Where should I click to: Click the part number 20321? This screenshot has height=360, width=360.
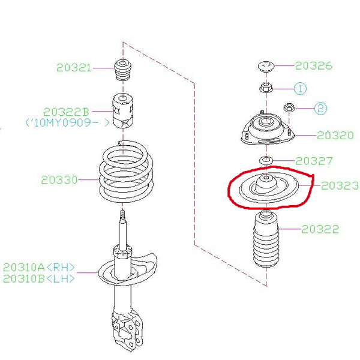(74, 68)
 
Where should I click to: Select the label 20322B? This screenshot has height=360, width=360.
(66, 112)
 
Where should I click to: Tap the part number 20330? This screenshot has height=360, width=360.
(59, 179)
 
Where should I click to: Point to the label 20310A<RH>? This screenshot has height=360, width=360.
(40, 267)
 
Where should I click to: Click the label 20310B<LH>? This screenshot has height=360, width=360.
(40, 279)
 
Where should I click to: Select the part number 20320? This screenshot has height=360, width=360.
(335, 136)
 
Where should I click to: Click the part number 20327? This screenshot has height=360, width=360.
(314, 161)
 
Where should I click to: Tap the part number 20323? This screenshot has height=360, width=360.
(340, 186)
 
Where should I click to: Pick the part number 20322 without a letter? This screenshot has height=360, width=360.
(320, 229)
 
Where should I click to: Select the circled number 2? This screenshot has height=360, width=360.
(320, 109)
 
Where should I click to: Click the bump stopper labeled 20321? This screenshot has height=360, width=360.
(122, 71)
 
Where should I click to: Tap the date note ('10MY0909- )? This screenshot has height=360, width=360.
(67, 122)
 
